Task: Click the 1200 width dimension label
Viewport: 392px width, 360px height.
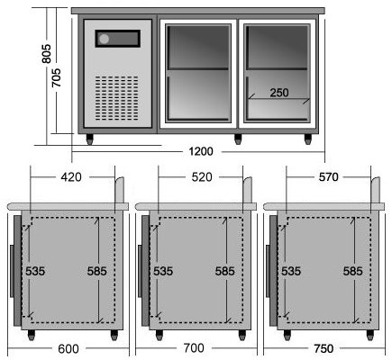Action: [201, 151]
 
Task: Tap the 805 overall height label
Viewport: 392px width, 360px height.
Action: [46, 54]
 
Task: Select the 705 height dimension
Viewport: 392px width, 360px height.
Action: [56, 77]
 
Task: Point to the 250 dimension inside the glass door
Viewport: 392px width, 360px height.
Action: [279, 93]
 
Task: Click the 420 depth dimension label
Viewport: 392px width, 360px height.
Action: [71, 177]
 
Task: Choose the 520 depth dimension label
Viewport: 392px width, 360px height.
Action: [202, 177]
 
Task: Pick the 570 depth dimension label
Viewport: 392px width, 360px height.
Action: [329, 177]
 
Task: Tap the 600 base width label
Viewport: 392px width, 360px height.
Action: [68, 349]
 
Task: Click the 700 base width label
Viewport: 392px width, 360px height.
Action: [194, 348]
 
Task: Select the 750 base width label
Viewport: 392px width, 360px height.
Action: [324, 348]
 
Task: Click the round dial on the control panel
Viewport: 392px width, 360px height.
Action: [105, 39]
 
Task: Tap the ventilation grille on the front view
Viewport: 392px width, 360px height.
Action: [117, 98]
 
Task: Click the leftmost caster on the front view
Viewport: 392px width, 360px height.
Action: [90, 139]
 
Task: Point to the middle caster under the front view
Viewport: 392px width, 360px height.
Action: [238, 139]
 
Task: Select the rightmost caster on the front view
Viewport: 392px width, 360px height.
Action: [308, 139]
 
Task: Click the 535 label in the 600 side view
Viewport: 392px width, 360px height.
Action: [35, 271]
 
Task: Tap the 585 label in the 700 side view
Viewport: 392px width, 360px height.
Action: [225, 271]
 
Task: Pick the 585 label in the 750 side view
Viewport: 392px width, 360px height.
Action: [353, 271]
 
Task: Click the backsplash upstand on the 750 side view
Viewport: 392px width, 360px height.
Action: [376, 190]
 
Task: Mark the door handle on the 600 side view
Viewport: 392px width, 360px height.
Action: [12, 271]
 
